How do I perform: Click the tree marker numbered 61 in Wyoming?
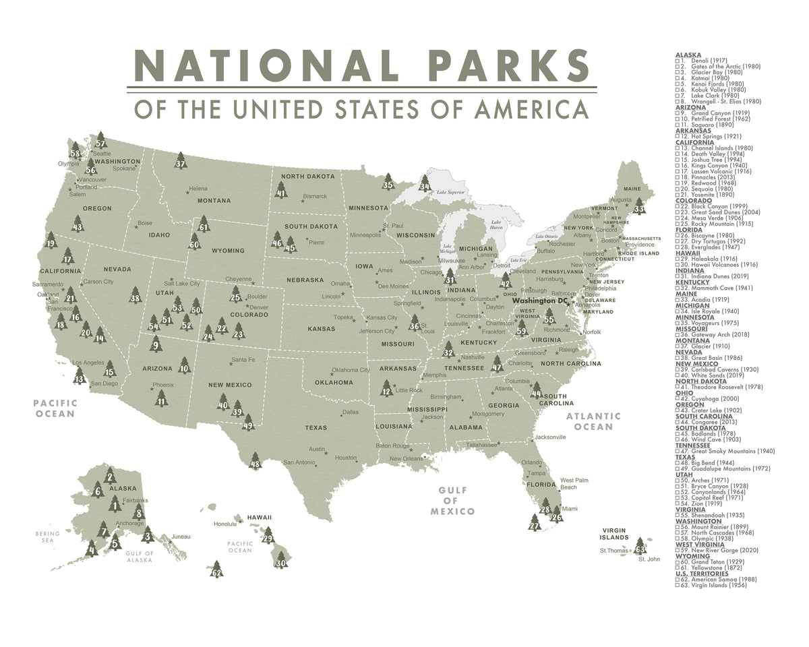point(204,224)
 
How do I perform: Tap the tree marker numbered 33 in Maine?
point(639,207)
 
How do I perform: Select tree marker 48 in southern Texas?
point(255,462)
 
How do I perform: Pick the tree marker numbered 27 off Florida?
point(535,523)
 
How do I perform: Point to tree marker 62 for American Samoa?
point(216,570)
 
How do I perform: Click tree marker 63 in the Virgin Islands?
point(640,547)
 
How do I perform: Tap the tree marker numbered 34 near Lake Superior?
point(424,183)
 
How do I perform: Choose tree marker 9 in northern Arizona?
point(156,344)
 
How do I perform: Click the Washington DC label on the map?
point(540,301)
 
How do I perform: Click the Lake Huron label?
point(497,225)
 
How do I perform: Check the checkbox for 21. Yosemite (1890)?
point(678,195)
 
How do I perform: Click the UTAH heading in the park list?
point(684,474)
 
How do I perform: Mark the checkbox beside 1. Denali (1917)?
point(678,61)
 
